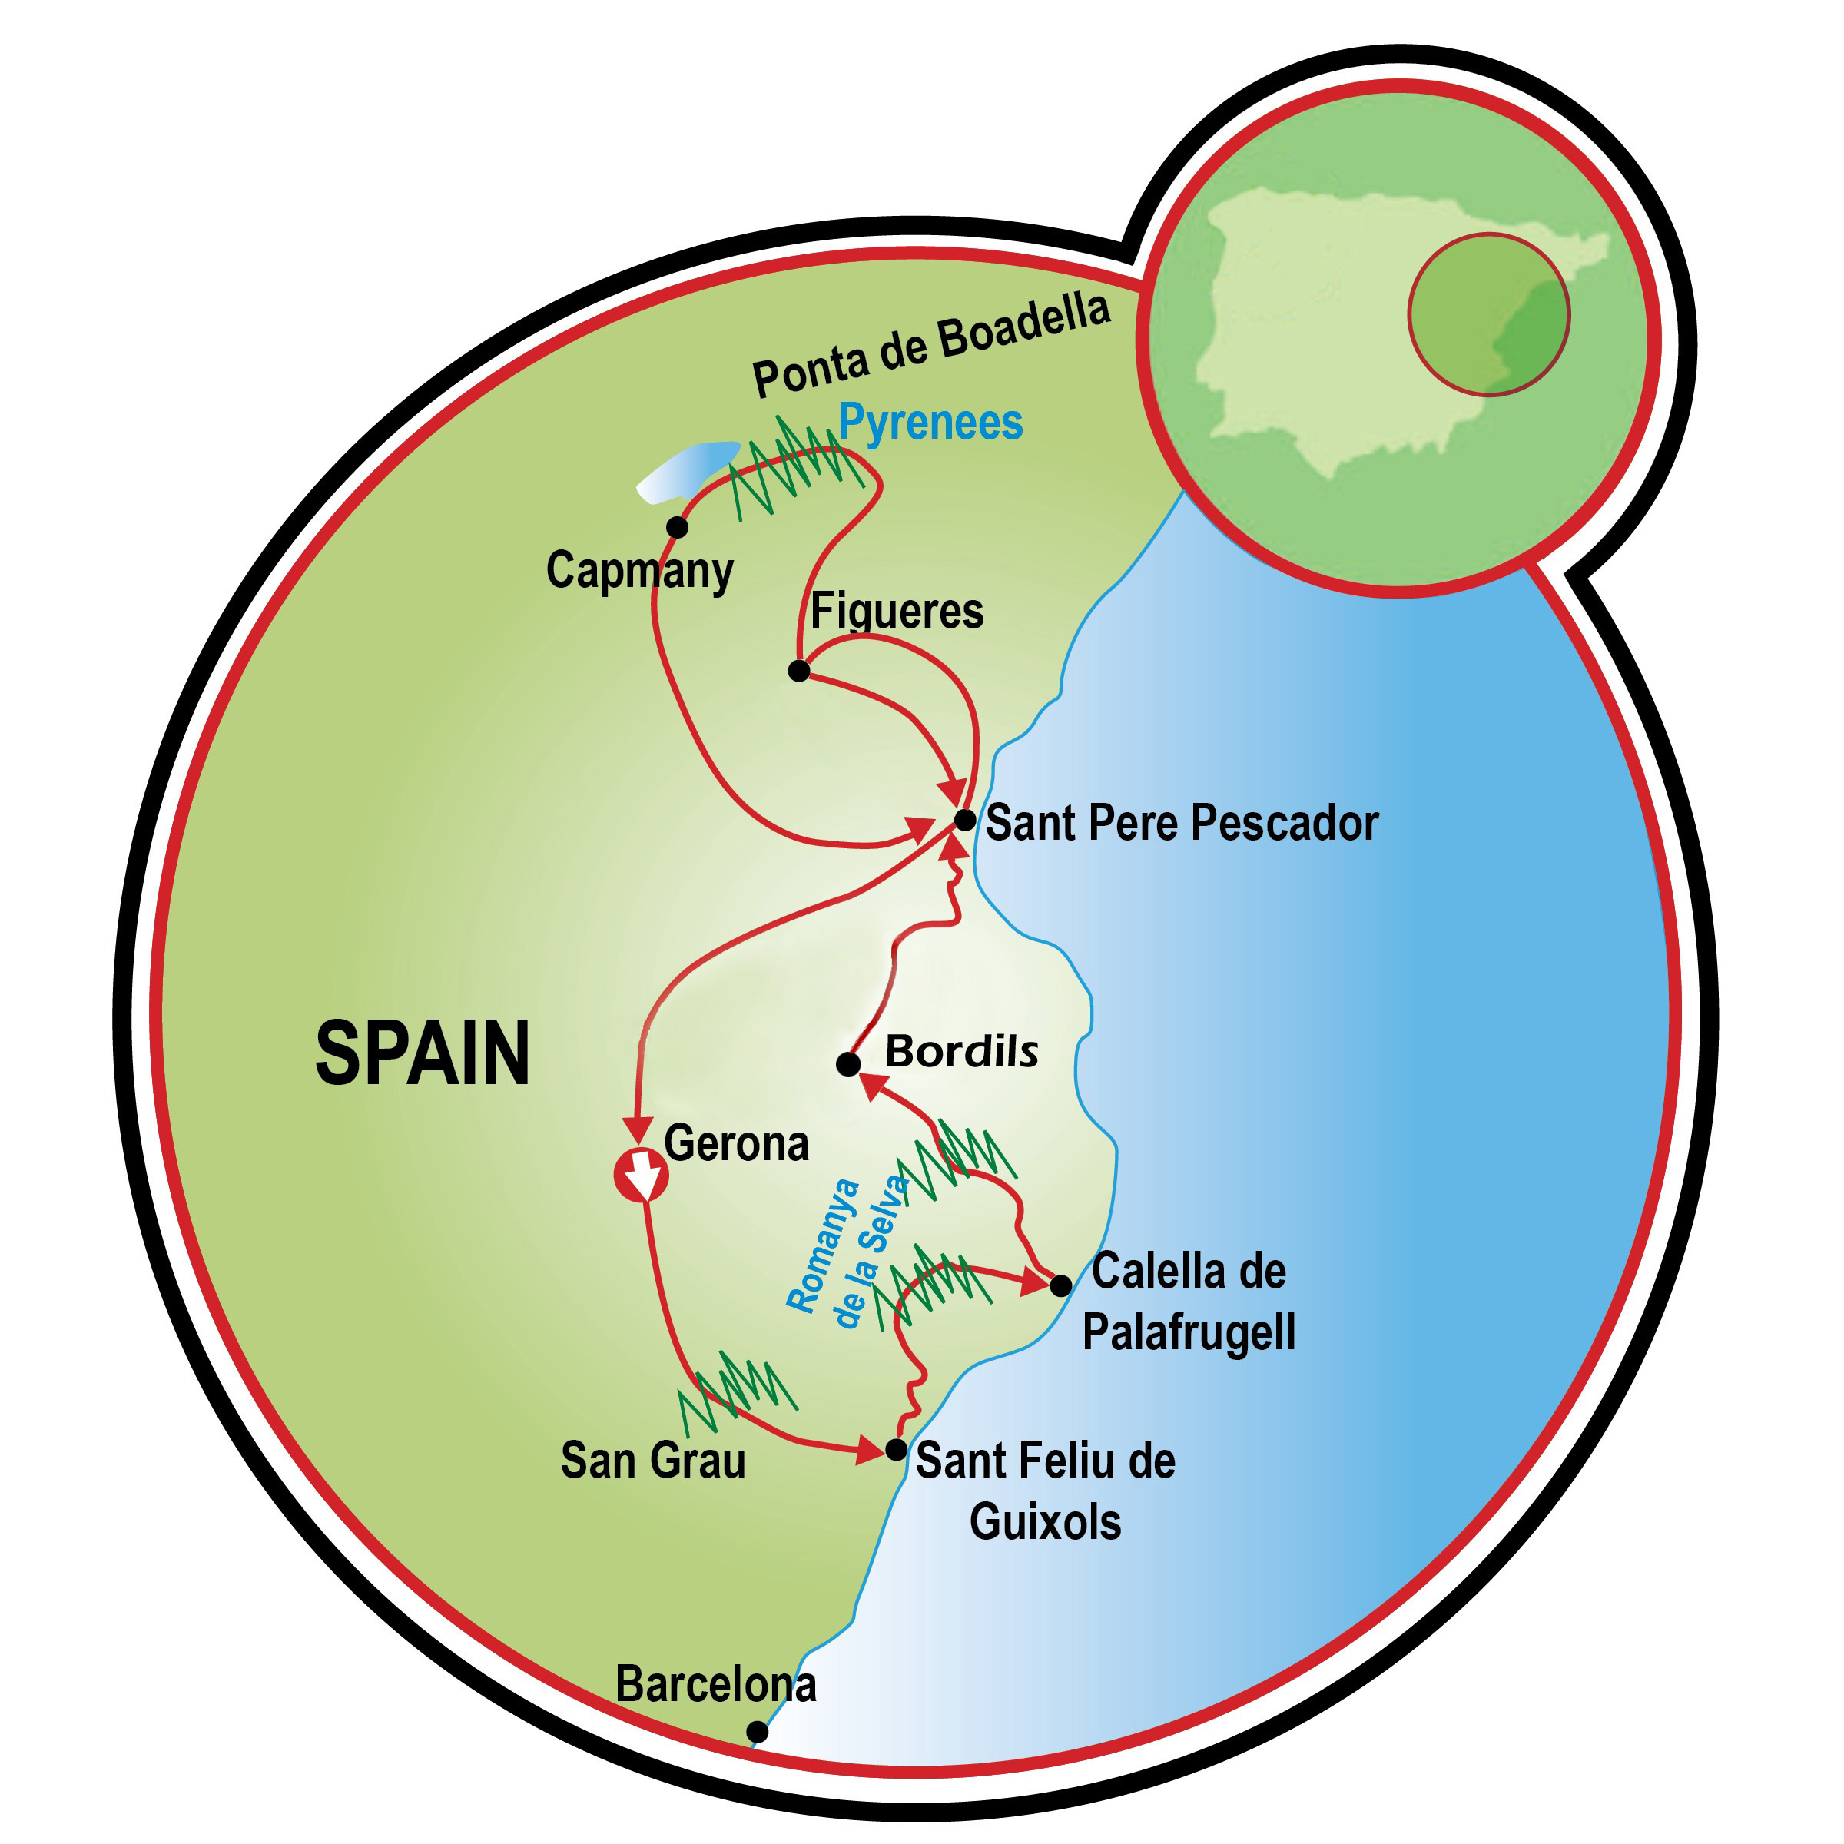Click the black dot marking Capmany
pos(677,527)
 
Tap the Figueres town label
pos(896,611)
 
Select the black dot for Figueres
pos(799,671)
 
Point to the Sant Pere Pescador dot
pos(965,820)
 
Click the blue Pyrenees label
pos(930,422)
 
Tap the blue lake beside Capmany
pos(687,469)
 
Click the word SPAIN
pos(422,1053)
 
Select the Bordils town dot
pos(847,1064)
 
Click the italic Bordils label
pos(961,1052)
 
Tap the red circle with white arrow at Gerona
pos(642,1176)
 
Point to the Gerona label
pos(736,1143)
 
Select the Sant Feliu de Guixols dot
pos(895,1450)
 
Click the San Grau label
pos(653,1461)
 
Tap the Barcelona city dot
pos(757,1731)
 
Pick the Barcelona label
pos(716,1683)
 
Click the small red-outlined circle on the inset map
pos(1488,314)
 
